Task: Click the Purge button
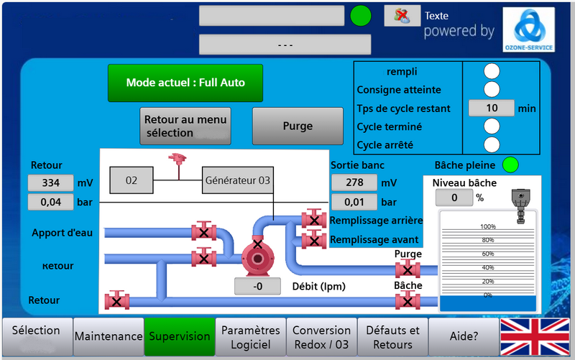298,126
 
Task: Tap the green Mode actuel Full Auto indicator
185,83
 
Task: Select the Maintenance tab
109,336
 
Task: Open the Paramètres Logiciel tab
250,337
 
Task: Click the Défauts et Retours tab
392,337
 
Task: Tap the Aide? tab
464,336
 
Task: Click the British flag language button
535,336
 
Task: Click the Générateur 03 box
237,180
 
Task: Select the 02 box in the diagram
131,180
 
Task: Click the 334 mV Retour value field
50,183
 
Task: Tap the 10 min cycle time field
491,108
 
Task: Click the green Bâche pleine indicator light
510,165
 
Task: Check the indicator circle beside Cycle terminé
492,126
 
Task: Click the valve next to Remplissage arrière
313,219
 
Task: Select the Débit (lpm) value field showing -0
257,287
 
